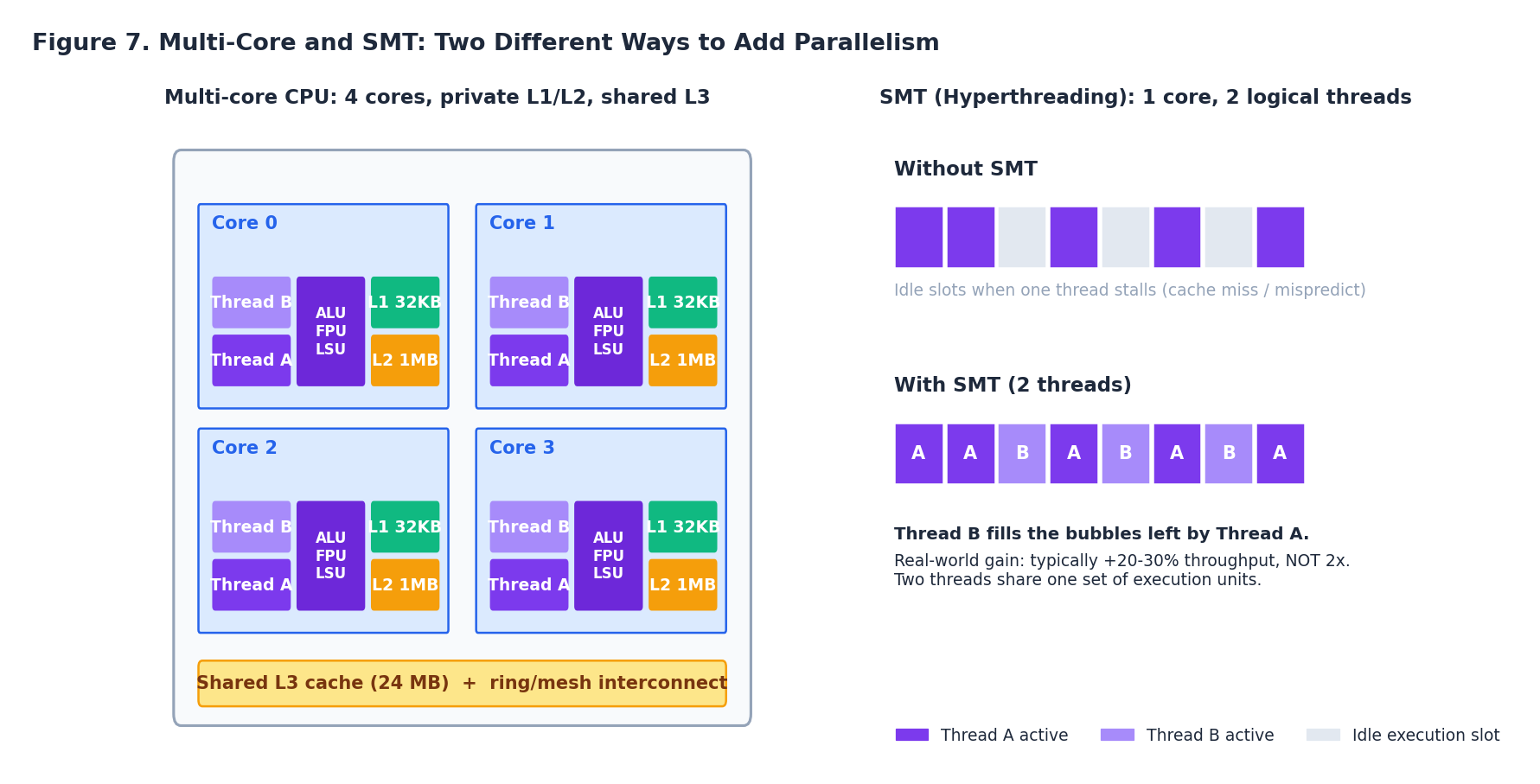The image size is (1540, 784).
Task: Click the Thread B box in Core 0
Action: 252,303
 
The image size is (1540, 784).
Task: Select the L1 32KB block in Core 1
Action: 682,303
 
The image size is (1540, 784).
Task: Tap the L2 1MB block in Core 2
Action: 405,585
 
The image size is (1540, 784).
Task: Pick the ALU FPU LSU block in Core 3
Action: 608,556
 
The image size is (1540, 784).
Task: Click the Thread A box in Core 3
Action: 529,585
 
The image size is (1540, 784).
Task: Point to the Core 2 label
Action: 245,448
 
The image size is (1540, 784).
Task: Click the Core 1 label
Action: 521,223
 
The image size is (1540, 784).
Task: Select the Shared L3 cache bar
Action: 462,684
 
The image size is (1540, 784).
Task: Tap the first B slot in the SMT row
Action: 1022,454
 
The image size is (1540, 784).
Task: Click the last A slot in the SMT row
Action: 1280,454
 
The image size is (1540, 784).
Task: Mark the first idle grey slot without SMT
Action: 1022,237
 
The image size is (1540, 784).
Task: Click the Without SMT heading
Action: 965,169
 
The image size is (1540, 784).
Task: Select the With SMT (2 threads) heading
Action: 1013,386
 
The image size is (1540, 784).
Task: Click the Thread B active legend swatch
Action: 1117,735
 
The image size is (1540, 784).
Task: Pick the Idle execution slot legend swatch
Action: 1323,735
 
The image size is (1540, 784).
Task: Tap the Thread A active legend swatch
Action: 911,735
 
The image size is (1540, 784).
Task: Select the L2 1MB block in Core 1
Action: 682,360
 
